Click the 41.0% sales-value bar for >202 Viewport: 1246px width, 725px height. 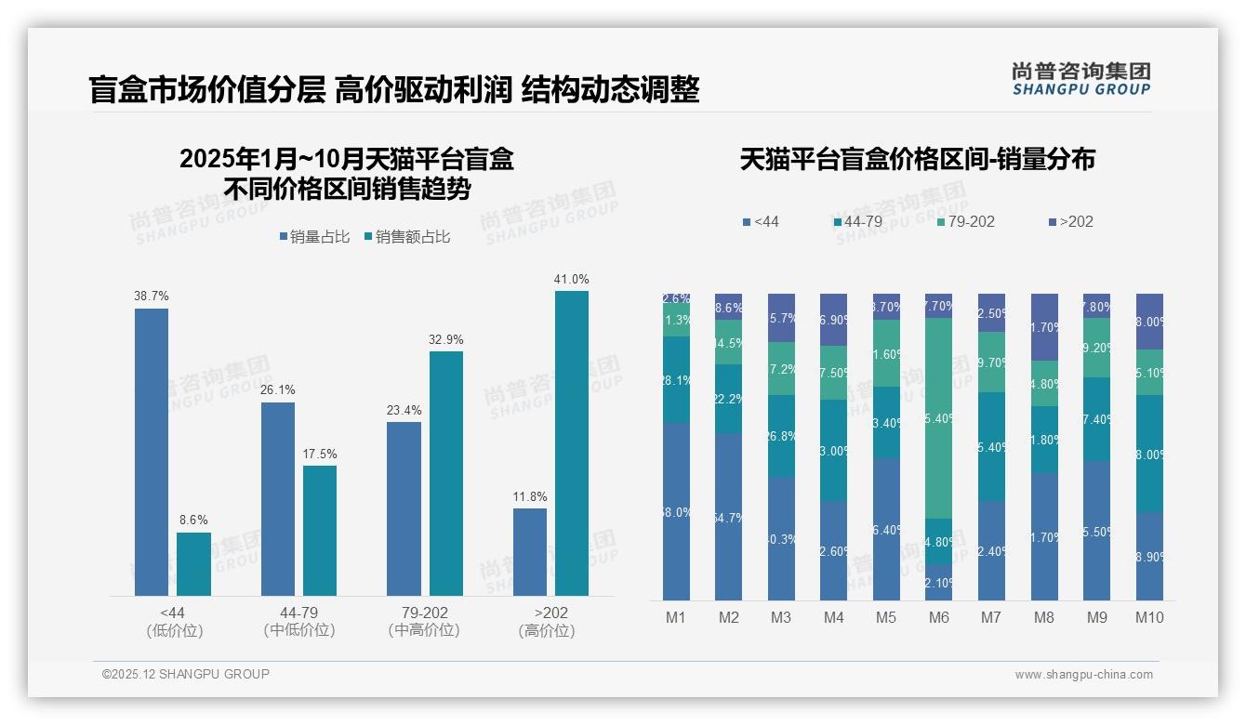[572, 443]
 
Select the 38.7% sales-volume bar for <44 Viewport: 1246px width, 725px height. [152, 452]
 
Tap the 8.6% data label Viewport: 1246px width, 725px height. [193, 520]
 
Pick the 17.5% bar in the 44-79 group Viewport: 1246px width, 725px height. [320, 530]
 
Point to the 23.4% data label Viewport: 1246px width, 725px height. [404, 410]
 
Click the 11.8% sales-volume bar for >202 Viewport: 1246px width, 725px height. [530, 551]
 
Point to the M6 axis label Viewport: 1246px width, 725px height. [939, 617]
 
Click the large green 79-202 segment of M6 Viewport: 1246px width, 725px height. [939, 418]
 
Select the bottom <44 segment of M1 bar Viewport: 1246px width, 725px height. [676, 511]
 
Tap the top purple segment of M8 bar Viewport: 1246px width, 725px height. [1044, 327]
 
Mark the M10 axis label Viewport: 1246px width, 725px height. [1149, 617]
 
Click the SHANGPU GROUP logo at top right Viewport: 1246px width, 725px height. [1080, 79]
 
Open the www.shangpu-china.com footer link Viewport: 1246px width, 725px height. [1083, 675]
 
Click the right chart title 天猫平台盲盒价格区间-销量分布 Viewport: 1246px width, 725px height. [917, 159]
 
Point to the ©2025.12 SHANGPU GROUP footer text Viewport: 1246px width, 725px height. [186, 674]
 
